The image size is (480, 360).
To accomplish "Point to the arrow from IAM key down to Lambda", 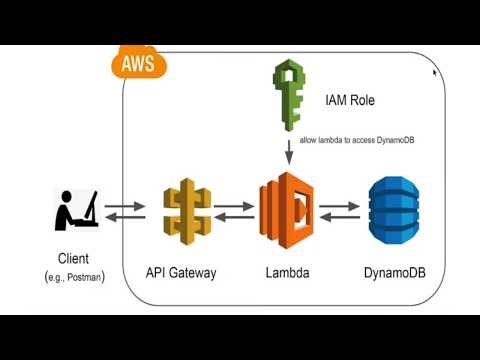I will tap(289, 153).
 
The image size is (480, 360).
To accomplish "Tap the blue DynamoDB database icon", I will tap(390, 210).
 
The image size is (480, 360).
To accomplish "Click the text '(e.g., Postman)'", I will tap(75, 275).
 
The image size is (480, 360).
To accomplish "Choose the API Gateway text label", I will tap(181, 272).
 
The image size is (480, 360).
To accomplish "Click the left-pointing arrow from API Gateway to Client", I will tap(125, 218).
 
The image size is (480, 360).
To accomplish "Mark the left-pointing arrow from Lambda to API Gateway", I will tap(235, 218).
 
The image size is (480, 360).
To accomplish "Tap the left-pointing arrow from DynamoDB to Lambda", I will tap(339, 218).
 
